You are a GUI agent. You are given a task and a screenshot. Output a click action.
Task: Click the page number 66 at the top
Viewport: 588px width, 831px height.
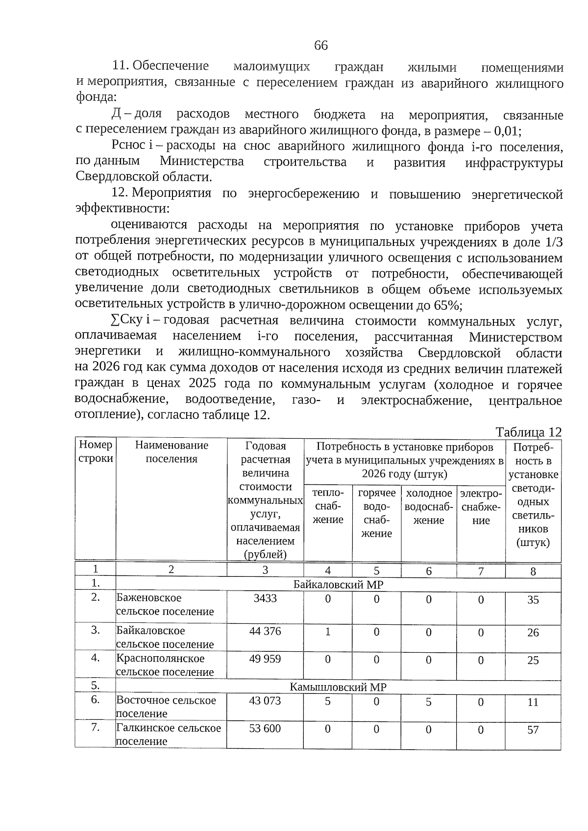[320, 46]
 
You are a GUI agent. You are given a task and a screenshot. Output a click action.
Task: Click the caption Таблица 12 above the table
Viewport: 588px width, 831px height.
[528, 432]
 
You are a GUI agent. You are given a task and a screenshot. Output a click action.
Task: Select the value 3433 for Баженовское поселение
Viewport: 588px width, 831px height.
[265, 598]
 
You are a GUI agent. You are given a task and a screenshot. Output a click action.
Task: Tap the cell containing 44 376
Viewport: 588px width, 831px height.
[265, 631]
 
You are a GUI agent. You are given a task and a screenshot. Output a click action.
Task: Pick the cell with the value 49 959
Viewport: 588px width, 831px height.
[265, 659]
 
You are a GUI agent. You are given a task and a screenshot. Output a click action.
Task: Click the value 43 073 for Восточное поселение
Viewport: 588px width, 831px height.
[265, 700]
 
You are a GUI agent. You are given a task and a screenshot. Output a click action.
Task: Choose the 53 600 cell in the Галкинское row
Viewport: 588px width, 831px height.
[265, 728]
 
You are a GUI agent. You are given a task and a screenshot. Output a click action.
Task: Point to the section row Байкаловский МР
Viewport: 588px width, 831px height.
[338, 584]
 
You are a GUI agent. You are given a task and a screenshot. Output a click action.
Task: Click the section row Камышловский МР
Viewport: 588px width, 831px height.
[338, 687]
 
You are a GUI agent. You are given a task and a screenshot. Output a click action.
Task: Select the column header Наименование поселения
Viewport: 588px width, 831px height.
[171, 452]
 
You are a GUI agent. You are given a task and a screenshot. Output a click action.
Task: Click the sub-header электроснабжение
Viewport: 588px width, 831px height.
[481, 507]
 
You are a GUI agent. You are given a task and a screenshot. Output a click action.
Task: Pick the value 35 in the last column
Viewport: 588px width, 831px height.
[533, 600]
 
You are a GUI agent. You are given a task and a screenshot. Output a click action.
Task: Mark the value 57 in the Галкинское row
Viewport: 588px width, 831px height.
[533, 730]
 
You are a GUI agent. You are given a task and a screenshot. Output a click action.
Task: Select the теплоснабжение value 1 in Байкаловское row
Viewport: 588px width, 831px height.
[328, 632]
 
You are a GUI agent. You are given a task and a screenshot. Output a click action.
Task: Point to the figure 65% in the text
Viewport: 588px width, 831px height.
[446, 305]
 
